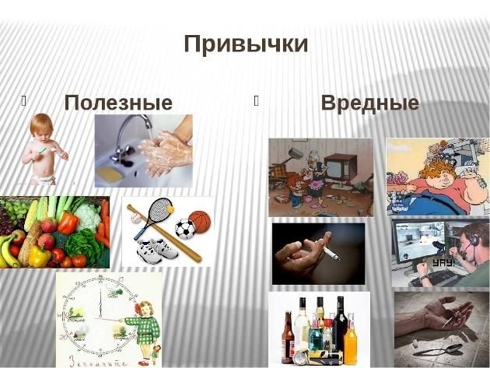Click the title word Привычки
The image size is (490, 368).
pos(246,44)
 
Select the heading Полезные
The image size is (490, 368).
pos(118,103)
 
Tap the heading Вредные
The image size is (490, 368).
pos(370,102)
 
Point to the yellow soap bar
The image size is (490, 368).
pos(110,173)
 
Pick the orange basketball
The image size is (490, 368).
pos(200,222)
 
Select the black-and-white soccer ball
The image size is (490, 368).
pos(184,229)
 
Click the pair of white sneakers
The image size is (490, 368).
pos(157,251)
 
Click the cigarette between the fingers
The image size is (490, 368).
pos(331,253)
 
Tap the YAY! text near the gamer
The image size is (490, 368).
pos(443,263)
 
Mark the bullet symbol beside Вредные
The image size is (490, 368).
pos(256,100)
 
